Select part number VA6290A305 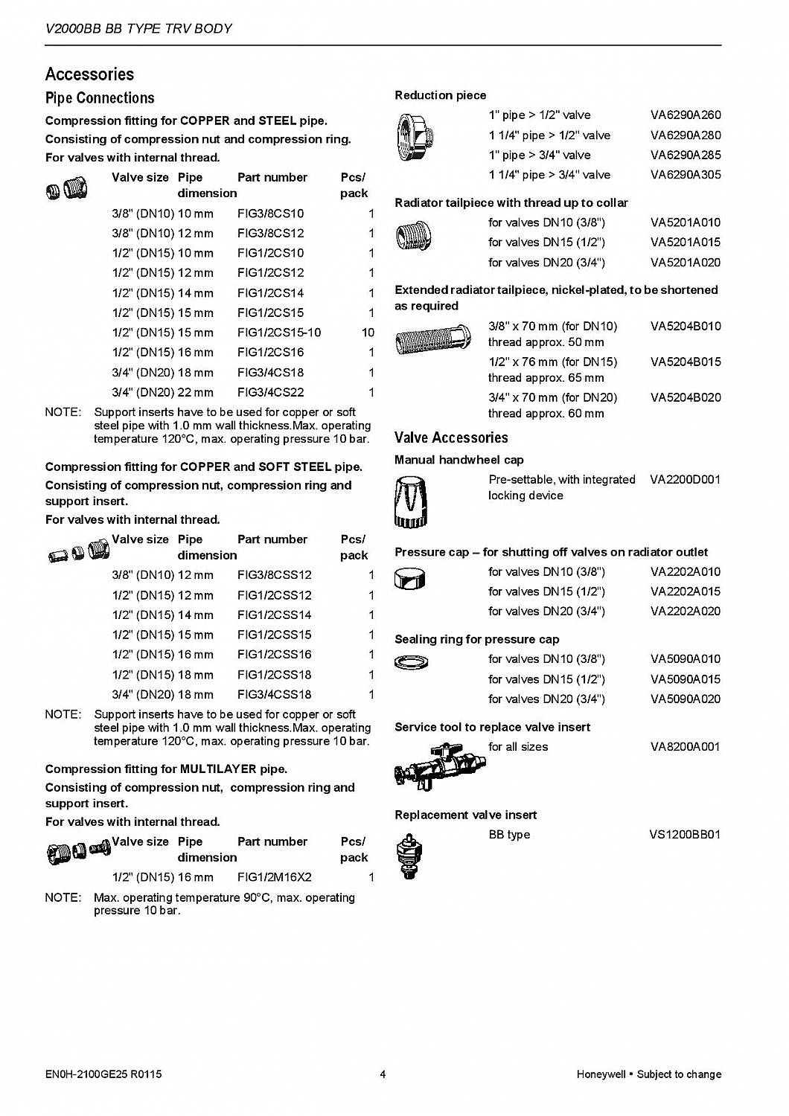685,175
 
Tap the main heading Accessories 89,74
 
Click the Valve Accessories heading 451,437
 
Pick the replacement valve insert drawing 406,855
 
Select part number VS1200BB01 685,834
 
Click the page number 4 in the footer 383,1074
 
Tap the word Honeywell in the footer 601,1074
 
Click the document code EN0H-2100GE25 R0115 103,1074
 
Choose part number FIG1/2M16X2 274,877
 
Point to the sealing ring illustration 411,661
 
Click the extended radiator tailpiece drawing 432,343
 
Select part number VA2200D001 685,480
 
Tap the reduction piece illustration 415,138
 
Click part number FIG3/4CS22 270,392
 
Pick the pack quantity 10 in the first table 368,333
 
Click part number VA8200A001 685,746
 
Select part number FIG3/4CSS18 274,694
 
